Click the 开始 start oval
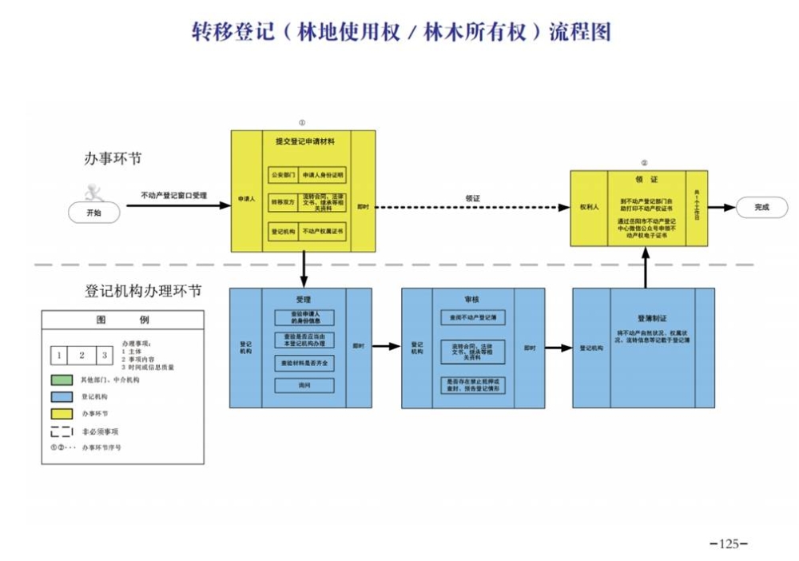point(93,213)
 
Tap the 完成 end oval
point(761,207)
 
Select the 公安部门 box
point(283,173)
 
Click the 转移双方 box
point(283,202)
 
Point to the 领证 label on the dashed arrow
point(472,197)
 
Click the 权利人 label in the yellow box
point(589,207)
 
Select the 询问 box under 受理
point(304,385)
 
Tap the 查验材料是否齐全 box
point(304,362)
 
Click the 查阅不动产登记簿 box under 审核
point(472,317)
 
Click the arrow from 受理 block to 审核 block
point(386,347)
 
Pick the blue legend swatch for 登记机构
point(62,396)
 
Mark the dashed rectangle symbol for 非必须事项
point(62,432)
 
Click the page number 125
point(728,544)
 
